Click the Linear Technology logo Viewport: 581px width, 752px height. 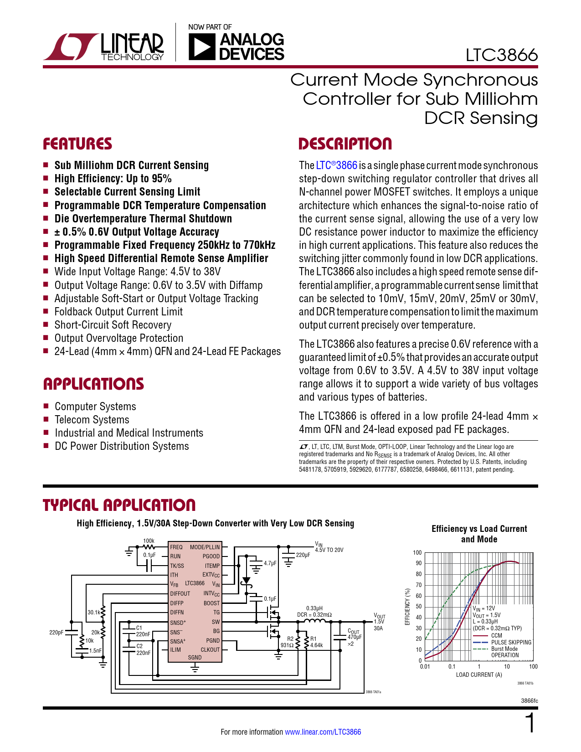point(104,46)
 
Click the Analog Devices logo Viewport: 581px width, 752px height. point(236,46)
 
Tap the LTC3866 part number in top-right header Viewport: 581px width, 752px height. point(501,55)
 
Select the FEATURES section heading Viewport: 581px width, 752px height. point(77,144)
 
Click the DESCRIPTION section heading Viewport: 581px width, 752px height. point(345,144)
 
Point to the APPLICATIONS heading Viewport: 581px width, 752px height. point(93,384)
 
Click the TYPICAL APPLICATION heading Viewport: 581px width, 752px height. point(119,505)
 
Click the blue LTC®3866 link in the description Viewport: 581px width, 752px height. point(336,165)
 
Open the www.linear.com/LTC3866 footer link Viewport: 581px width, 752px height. point(323,732)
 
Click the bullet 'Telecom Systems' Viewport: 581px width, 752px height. point(92,420)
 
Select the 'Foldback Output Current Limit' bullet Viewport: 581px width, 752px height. point(118,312)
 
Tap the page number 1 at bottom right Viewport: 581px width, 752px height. point(530,724)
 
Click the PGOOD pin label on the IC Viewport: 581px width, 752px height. point(211,556)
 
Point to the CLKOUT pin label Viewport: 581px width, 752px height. point(210,649)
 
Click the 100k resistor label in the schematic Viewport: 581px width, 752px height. point(149,541)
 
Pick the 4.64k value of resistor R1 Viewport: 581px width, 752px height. point(316,645)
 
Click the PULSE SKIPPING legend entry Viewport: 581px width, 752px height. point(511,642)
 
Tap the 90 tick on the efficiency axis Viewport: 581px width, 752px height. point(418,563)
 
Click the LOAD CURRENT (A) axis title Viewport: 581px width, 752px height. point(479,675)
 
